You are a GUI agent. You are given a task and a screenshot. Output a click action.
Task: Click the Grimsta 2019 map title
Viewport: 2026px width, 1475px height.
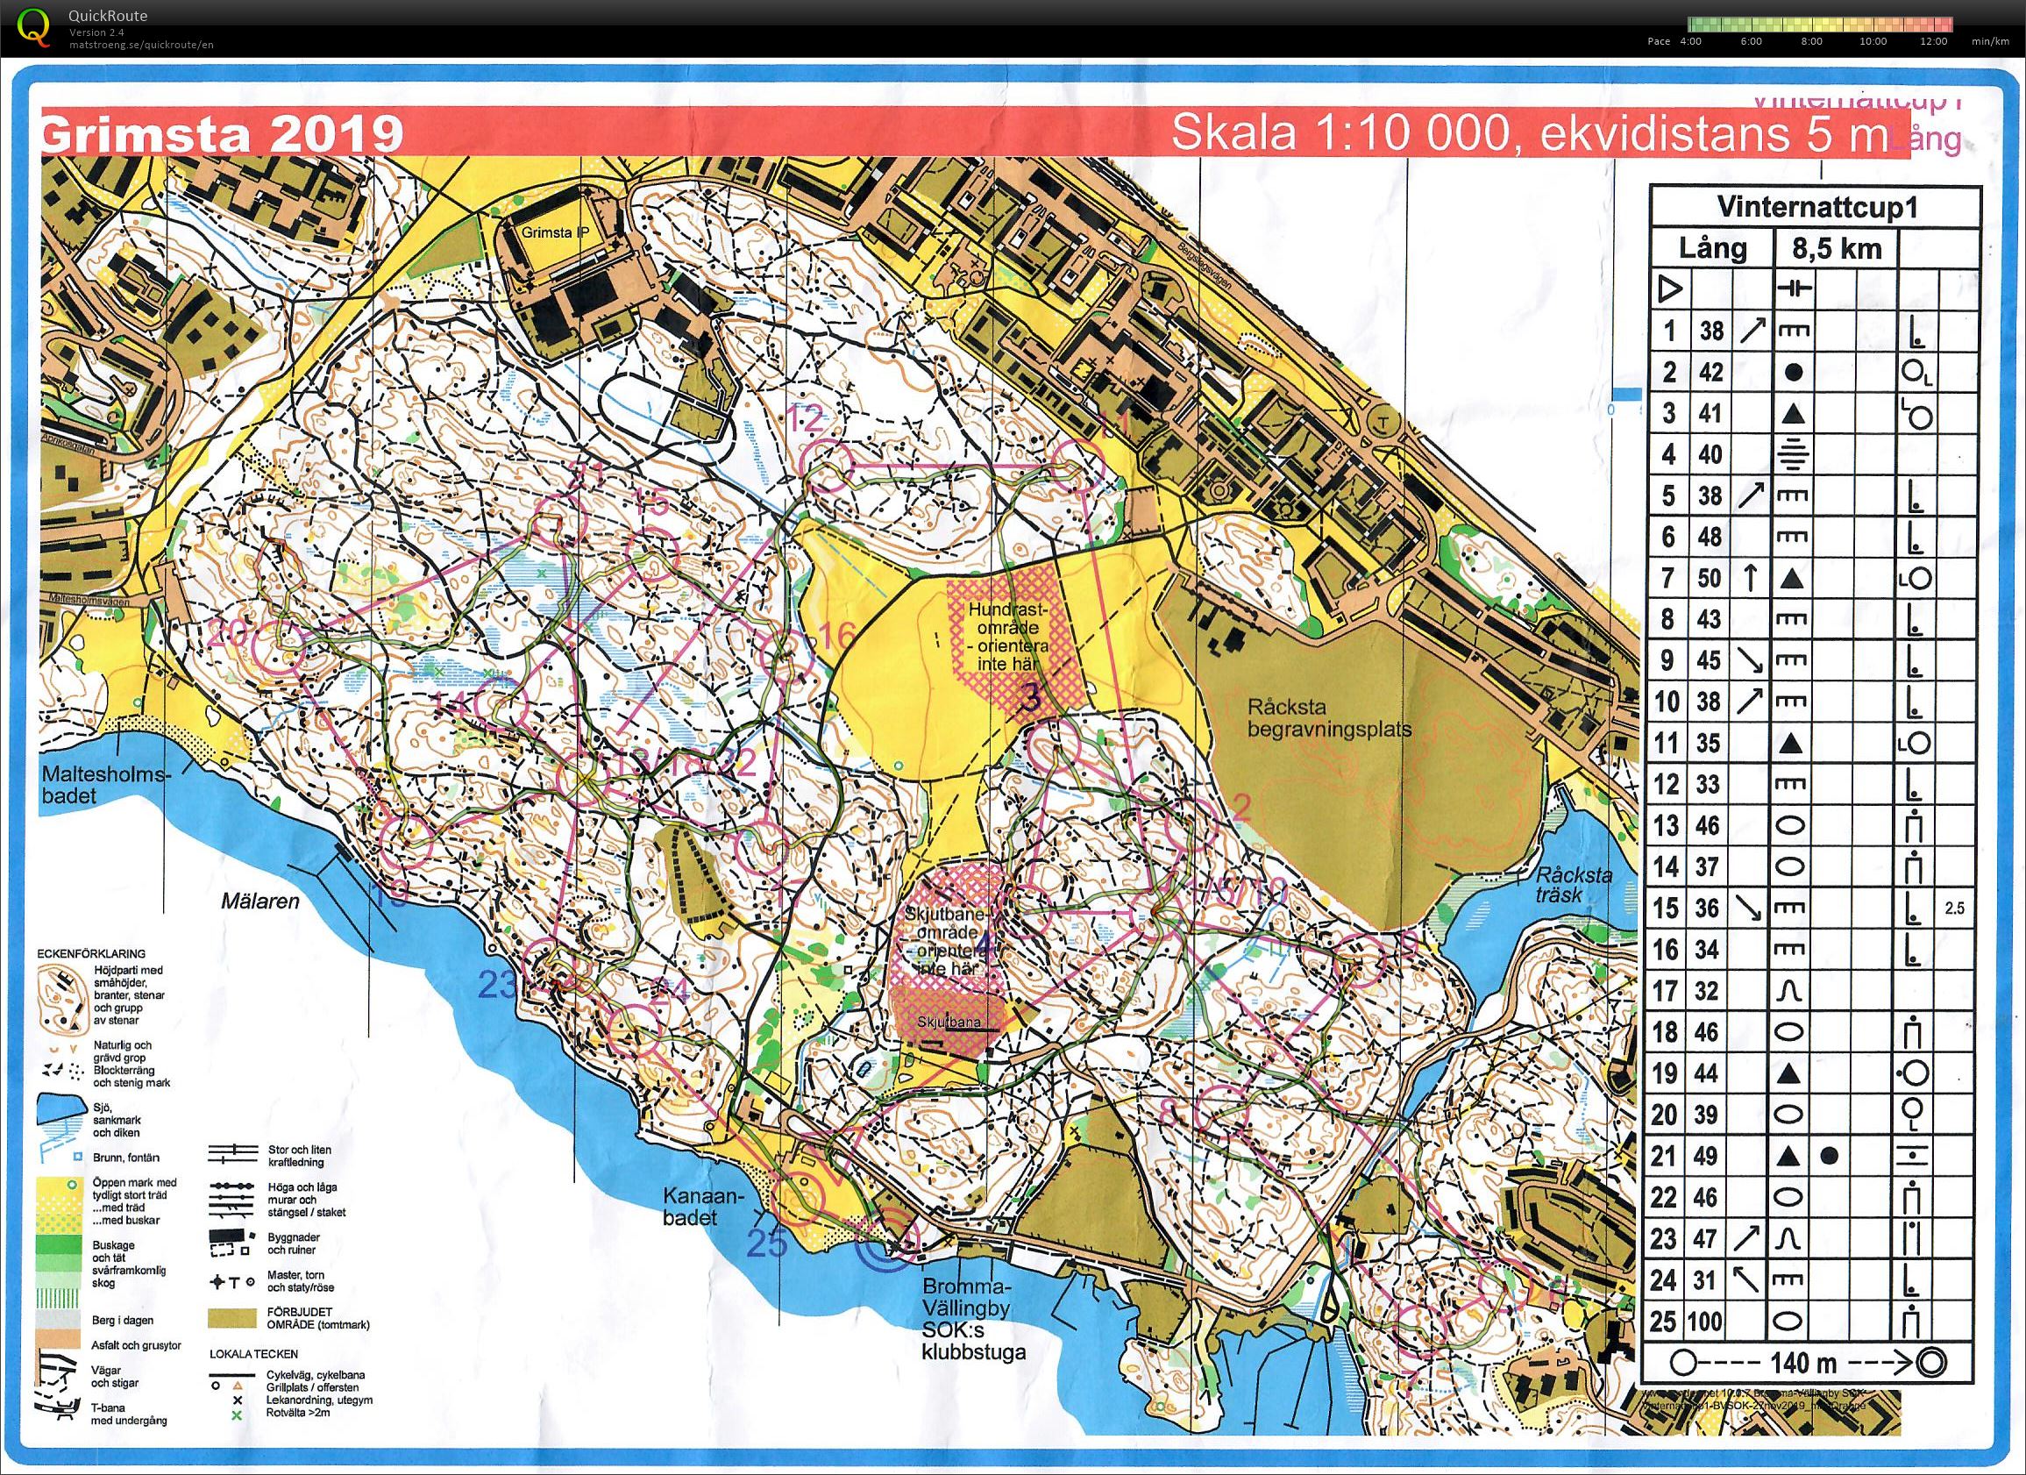pyautogui.click(x=222, y=135)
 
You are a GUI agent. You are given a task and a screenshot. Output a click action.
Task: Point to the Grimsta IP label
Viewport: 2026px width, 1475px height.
pyautogui.click(x=557, y=232)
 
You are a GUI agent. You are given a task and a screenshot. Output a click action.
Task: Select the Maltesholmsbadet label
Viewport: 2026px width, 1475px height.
pyautogui.click(x=104, y=783)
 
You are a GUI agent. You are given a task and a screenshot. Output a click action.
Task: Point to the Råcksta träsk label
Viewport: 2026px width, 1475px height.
pyautogui.click(x=1573, y=885)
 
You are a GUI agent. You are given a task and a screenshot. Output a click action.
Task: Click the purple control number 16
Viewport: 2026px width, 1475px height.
pyautogui.click(x=837, y=635)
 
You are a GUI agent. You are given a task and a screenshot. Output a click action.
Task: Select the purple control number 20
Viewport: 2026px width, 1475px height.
pyautogui.click(x=229, y=633)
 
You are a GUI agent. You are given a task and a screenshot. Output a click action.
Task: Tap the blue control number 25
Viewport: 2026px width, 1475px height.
pyautogui.click(x=767, y=1269)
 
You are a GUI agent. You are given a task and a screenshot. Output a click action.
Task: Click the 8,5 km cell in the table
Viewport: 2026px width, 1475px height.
pyautogui.click(x=1836, y=248)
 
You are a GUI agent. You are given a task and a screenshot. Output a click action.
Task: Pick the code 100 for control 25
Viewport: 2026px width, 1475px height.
pyautogui.click(x=1710, y=1321)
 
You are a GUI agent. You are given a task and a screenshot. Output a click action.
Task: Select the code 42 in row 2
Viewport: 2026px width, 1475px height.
pyautogui.click(x=1710, y=372)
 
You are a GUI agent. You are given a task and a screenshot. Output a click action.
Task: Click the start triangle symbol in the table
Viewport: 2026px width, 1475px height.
pyautogui.click(x=1669, y=289)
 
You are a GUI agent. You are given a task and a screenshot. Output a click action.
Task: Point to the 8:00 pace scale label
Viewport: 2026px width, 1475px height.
pyautogui.click(x=1811, y=41)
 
